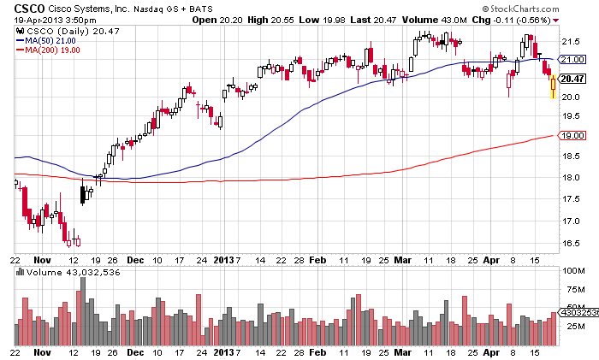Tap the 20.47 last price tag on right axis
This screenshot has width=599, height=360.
click(572, 78)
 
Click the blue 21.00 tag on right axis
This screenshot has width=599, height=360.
click(572, 59)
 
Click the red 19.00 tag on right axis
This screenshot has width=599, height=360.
click(572, 135)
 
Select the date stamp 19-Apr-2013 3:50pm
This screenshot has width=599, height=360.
click(50, 20)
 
